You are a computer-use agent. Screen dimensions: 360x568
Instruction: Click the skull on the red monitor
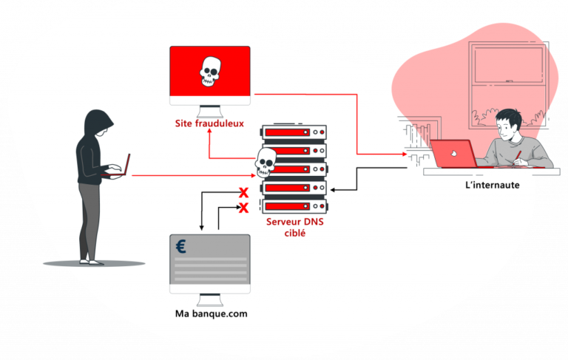click(210, 72)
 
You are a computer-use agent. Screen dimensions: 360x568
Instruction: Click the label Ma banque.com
click(211, 313)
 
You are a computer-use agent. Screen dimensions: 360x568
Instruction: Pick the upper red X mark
click(243, 193)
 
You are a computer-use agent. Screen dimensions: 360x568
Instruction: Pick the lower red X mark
click(243, 208)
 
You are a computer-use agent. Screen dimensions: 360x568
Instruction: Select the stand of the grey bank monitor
click(211, 296)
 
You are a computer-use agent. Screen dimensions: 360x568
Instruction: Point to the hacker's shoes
click(88, 260)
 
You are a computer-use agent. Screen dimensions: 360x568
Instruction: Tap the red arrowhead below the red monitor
click(209, 131)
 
